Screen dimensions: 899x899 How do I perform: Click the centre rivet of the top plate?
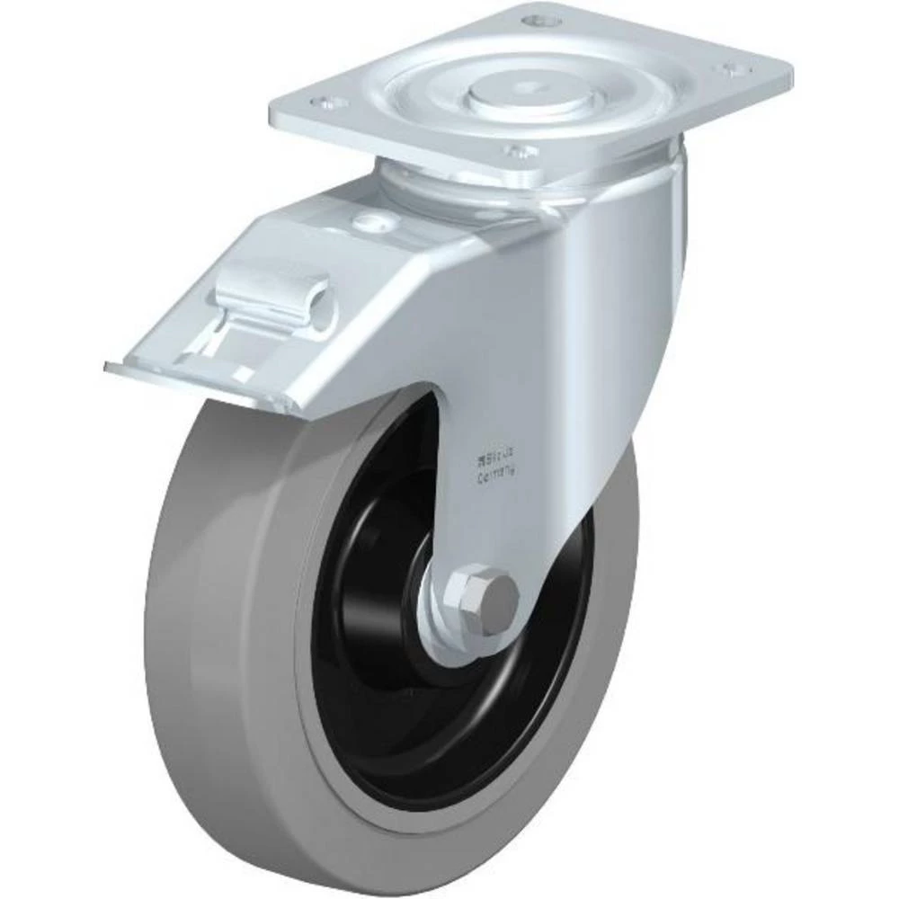pos(537,86)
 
